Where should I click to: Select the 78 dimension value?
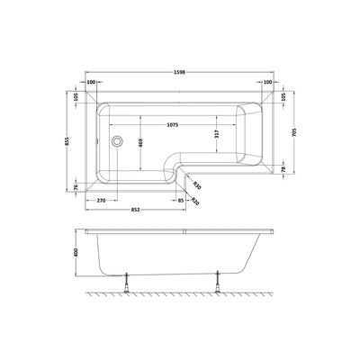pyautogui.click(x=284, y=171)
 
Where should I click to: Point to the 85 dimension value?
pyautogui.click(x=182, y=200)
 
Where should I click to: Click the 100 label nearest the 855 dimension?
pyautogui.click(x=91, y=81)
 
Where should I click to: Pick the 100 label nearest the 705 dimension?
pyautogui.click(x=269, y=81)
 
